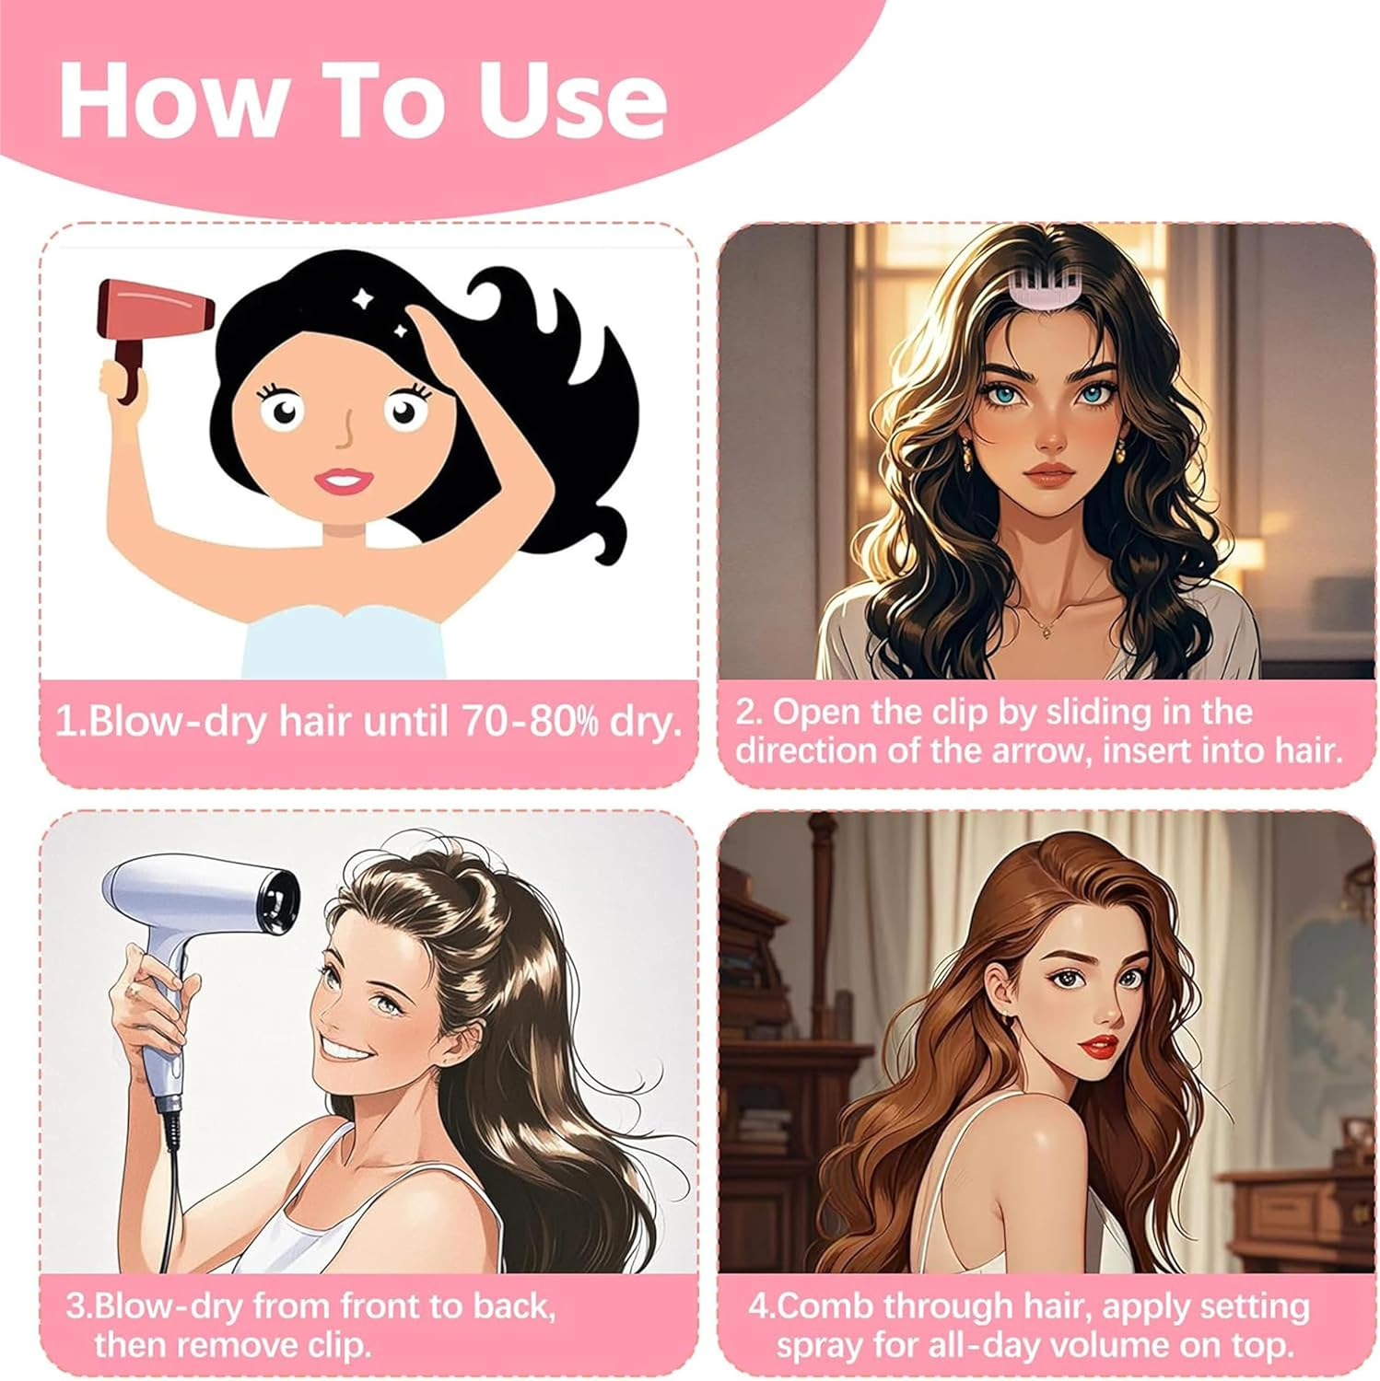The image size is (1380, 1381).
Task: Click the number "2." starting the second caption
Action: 749,712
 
